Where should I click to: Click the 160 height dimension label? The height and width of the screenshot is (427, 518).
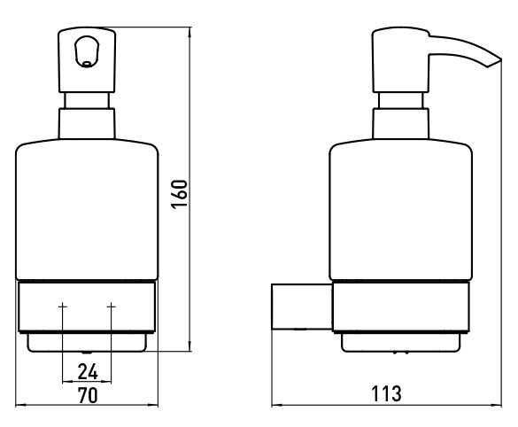[x=180, y=194]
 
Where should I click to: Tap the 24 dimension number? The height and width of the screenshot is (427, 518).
[x=88, y=372]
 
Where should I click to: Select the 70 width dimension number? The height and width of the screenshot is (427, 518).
[x=88, y=395]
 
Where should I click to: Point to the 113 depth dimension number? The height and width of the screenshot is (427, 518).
[x=387, y=393]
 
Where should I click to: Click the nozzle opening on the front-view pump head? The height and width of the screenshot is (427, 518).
[x=87, y=64]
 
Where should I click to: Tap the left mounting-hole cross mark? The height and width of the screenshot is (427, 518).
[x=63, y=307]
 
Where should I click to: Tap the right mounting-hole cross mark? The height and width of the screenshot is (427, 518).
[x=112, y=307]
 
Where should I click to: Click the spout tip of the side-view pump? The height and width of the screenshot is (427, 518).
[x=501, y=60]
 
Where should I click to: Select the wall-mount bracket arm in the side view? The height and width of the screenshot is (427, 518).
[x=302, y=307]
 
